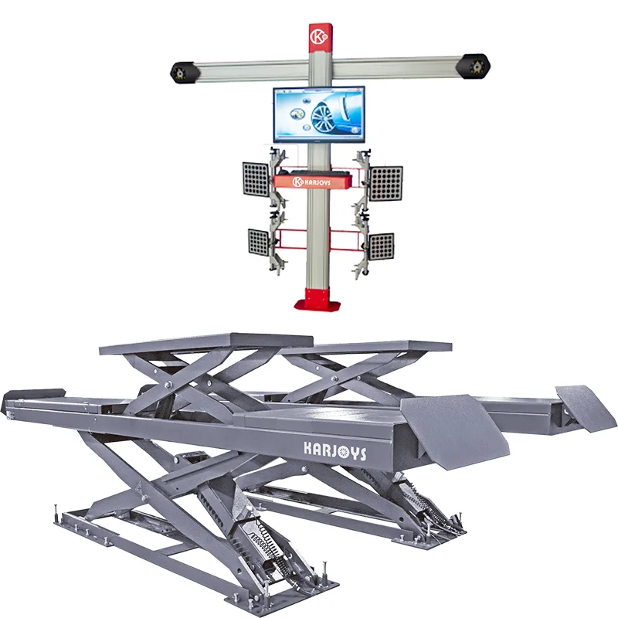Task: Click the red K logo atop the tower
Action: [x=318, y=36]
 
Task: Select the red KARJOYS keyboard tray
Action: [x=318, y=181]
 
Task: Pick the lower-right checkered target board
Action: [x=380, y=247]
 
